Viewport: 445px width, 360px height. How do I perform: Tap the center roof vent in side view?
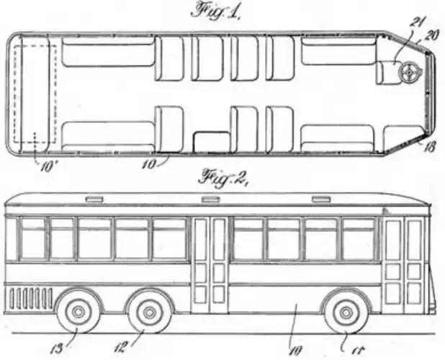(210, 199)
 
